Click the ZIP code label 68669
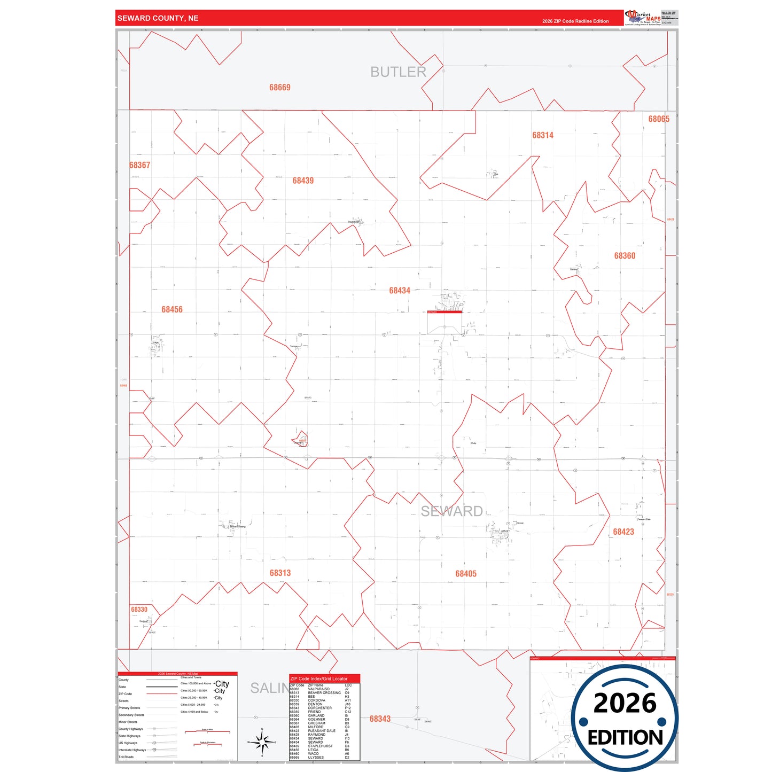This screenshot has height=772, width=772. click(279, 88)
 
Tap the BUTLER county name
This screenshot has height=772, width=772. click(398, 72)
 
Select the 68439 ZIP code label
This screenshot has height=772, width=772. click(303, 181)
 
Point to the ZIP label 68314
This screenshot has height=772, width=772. click(542, 135)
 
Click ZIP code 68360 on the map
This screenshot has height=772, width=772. click(625, 256)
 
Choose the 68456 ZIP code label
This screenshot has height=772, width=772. click(172, 309)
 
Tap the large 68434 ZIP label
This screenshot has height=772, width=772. click(400, 291)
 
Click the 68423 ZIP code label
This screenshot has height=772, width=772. click(623, 532)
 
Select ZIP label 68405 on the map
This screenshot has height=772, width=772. click(466, 574)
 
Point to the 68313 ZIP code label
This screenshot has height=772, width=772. click(280, 573)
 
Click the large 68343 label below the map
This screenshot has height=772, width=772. click(380, 719)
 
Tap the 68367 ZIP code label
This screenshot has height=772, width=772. click(140, 165)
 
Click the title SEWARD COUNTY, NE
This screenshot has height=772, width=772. click(158, 18)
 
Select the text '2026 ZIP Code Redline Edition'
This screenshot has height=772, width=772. click(575, 21)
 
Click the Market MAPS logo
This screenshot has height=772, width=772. click(643, 18)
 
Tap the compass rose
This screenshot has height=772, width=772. click(262, 742)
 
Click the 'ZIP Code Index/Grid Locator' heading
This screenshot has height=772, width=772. click(319, 679)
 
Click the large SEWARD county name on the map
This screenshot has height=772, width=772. click(451, 511)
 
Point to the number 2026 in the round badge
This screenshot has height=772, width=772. click(625, 703)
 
